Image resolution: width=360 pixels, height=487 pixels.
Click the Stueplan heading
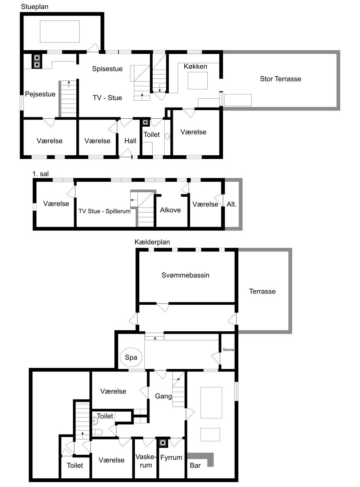click(35, 7)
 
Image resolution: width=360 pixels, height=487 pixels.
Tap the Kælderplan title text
click(152, 242)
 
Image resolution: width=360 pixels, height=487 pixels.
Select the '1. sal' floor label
click(40, 174)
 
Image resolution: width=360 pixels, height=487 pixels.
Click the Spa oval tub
click(131, 357)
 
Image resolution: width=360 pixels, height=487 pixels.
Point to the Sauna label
click(228, 350)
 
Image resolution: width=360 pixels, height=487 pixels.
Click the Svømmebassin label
click(185, 276)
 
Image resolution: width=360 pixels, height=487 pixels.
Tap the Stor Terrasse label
click(280, 79)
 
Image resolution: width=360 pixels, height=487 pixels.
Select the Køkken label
click(195, 67)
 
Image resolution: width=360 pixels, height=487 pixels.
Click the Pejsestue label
click(40, 94)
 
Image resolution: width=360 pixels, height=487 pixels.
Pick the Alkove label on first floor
click(170, 210)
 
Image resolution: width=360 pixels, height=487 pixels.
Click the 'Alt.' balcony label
click(231, 204)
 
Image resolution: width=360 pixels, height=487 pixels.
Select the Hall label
click(130, 141)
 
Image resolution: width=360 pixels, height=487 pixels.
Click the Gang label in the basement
click(163, 396)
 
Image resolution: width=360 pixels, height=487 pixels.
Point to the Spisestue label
click(107, 69)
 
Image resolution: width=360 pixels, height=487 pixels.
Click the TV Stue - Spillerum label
click(104, 211)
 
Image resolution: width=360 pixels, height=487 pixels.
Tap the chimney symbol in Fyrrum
click(163, 443)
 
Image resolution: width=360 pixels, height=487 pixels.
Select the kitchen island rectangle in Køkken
click(198, 81)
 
